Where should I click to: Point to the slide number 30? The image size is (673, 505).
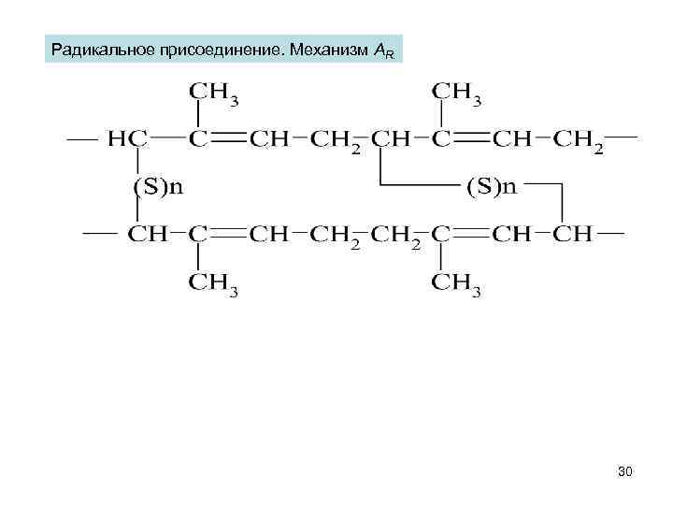point(625,472)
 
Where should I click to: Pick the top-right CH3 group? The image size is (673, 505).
point(456,94)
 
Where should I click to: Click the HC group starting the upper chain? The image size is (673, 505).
point(127,138)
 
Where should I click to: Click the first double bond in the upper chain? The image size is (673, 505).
point(226,138)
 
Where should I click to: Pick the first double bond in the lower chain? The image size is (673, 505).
point(226,234)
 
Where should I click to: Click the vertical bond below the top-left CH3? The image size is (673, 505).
point(198,115)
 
